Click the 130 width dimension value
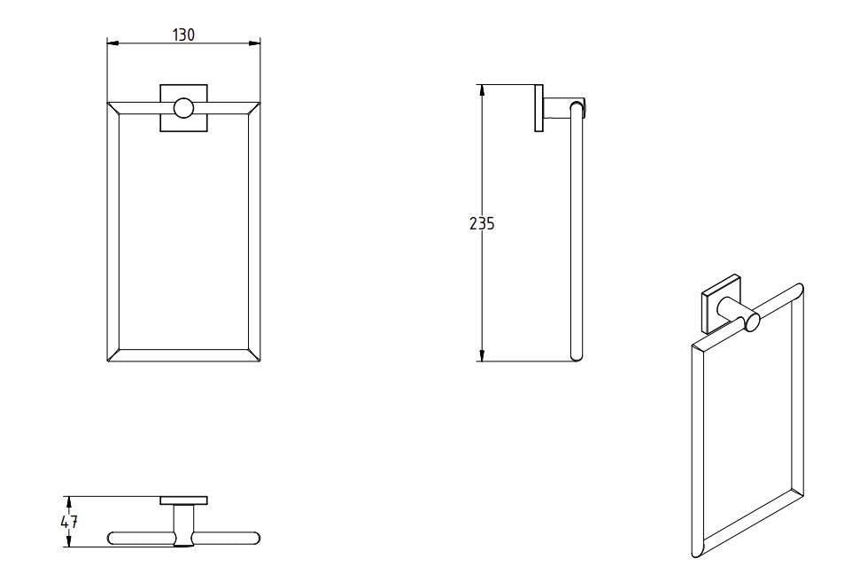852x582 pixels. [183, 35]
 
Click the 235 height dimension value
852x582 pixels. [482, 223]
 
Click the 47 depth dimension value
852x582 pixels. [69, 522]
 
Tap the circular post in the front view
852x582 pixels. [183, 108]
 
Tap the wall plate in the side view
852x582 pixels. [539, 108]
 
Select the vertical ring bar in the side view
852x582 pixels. [577, 230]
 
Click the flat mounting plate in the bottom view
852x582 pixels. [183, 501]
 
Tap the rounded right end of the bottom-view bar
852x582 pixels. [255, 538]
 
